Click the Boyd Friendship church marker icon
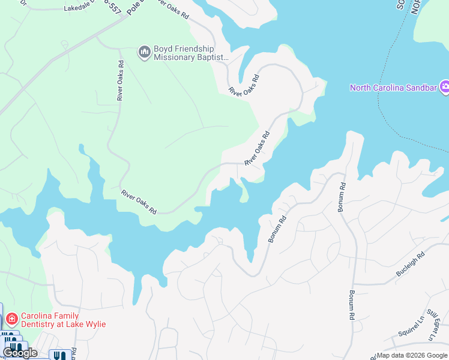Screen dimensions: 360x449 click(144, 53)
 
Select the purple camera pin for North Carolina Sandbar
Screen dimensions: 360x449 click(445, 88)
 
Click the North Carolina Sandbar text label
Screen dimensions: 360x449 click(394, 88)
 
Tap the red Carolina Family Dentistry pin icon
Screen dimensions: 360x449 click(12, 319)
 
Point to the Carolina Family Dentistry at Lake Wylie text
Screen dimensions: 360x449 click(64, 320)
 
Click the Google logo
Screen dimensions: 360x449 click(20, 353)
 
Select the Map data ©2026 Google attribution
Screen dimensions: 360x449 click(411, 355)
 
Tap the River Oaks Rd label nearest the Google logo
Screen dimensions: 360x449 click(139, 202)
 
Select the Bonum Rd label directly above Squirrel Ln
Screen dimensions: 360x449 click(351, 305)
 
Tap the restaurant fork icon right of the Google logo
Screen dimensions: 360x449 click(58, 355)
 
